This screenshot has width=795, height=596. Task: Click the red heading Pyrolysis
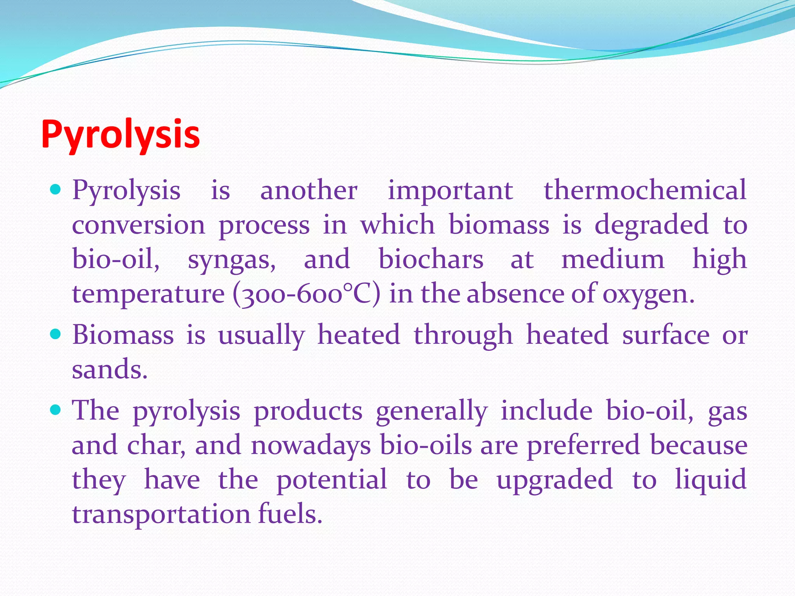(120, 134)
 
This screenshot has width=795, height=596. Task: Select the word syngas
(232, 260)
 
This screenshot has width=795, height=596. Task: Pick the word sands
(109, 369)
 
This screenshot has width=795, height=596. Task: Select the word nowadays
(311, 445)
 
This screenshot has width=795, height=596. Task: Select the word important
(450, 191)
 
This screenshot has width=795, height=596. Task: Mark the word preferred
(583, 445)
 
